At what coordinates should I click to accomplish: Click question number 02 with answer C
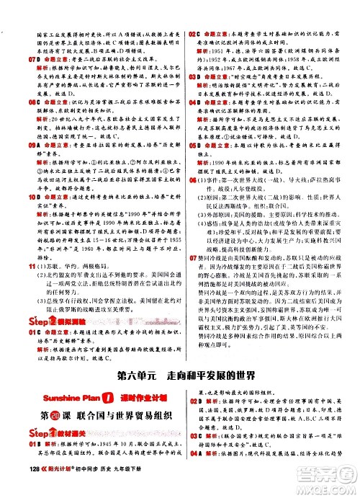click(x=190, y=33)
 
